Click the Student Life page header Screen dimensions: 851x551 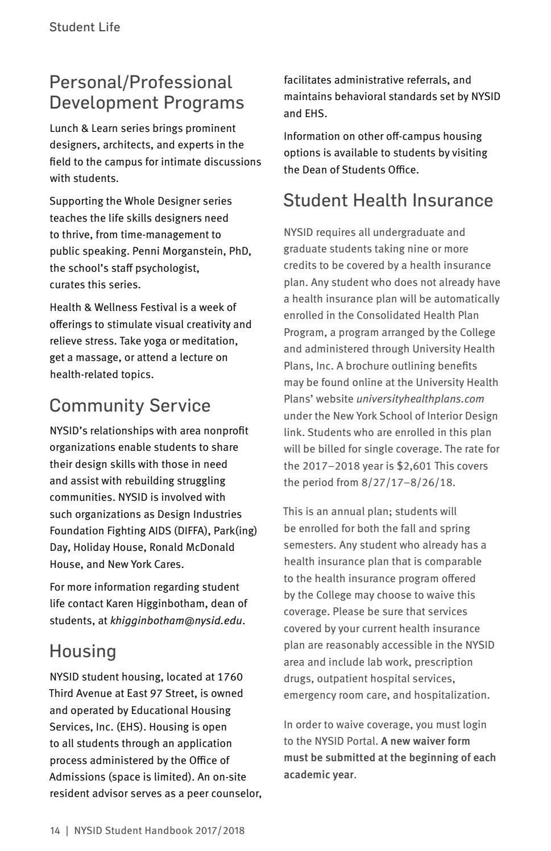tap(85, 27)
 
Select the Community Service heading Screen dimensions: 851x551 tap(130, 405)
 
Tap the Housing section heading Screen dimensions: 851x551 tap(82, 651)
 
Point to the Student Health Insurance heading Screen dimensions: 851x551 tap(388, 200)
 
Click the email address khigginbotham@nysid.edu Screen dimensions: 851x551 tap(176, 620)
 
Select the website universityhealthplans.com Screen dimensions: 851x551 tap(420, 399)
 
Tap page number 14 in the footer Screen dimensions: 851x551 tap(55, 831)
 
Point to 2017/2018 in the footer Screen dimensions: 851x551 tap(219, 831)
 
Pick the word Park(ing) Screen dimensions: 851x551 tap(235, 530)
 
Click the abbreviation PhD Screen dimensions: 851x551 tap(239, 251)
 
